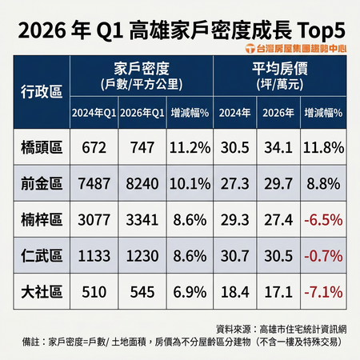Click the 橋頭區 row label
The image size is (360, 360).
(42, 147)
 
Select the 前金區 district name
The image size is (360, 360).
(42, 184)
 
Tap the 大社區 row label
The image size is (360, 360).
(42, 292)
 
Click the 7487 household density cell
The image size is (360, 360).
(94, 184)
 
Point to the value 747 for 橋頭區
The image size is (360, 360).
(142, 147)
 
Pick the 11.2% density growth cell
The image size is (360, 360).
(190, 147)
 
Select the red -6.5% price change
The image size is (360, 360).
(323, 220)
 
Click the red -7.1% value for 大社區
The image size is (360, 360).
(323, 292)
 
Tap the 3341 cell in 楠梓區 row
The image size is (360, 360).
(142, 220)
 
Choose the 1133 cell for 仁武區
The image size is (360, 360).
(94, 256)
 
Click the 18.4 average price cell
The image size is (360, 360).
(235, 292)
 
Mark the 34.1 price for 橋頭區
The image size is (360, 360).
(278, 147)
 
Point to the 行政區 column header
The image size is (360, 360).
(42, 92)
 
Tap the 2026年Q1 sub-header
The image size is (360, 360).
(142, 113)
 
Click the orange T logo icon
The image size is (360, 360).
(250, 49)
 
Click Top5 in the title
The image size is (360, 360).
(321, 31)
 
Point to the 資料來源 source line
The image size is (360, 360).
(282, 330)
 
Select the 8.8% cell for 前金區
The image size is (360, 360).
(323, 184)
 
